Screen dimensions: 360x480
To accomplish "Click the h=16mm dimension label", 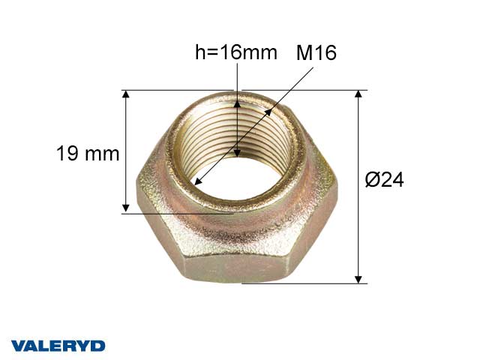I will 235,52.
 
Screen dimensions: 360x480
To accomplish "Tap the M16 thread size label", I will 316,52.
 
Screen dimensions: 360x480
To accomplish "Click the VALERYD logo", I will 58,346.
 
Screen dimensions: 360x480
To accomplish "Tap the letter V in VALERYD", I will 18,346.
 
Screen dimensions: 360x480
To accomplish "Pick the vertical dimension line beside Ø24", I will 359,187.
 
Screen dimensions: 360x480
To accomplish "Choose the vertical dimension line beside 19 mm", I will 126,150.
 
